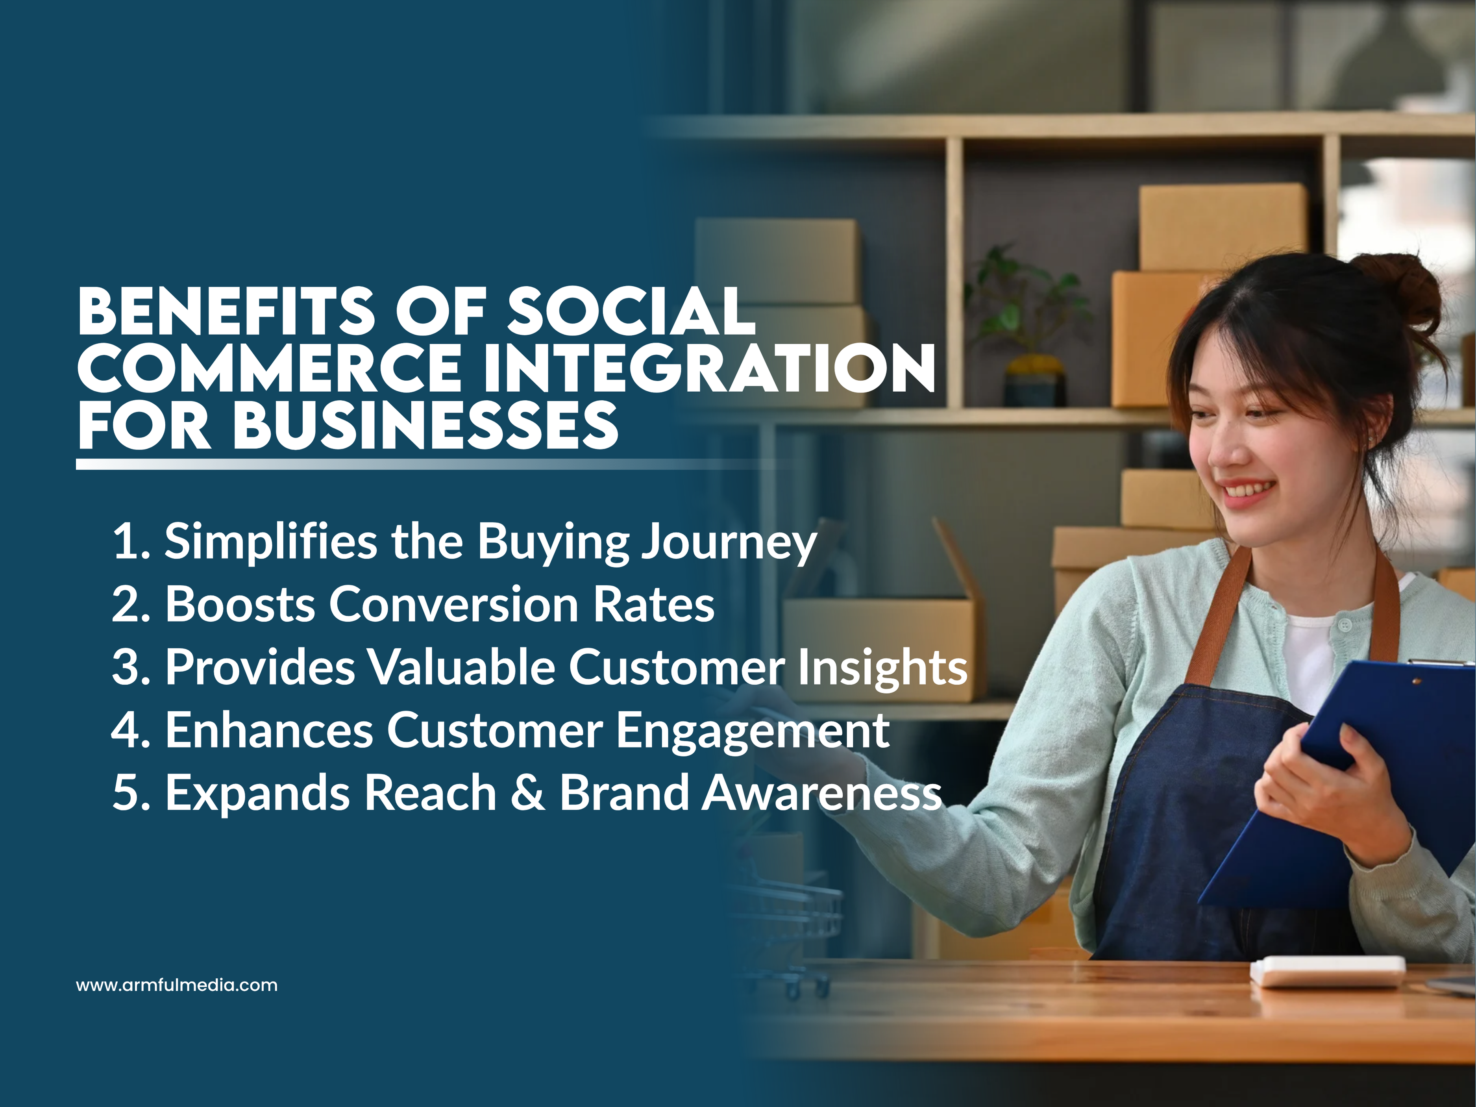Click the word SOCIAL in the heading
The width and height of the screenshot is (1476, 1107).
[x=631, y=312]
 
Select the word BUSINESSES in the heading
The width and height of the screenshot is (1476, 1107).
[x=426, y=426]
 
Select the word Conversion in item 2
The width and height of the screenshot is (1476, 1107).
[x=454, y=605]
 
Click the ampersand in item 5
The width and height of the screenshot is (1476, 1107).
[x=529, y=793]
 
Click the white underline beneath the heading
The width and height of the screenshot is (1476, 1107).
[x=334, y=465]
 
